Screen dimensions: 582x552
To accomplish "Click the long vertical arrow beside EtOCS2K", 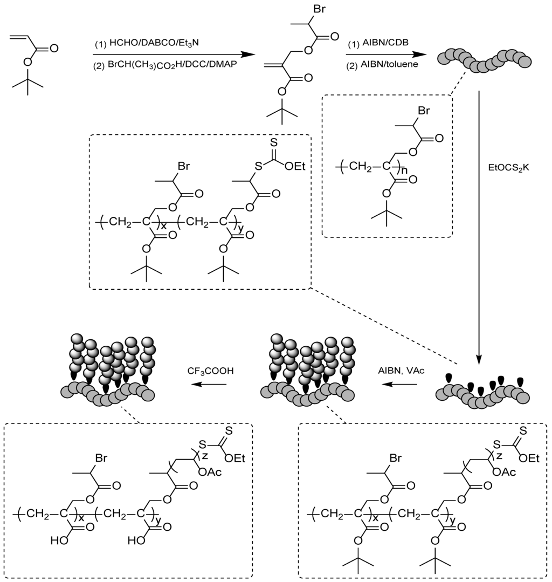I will tap(478, 227).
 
